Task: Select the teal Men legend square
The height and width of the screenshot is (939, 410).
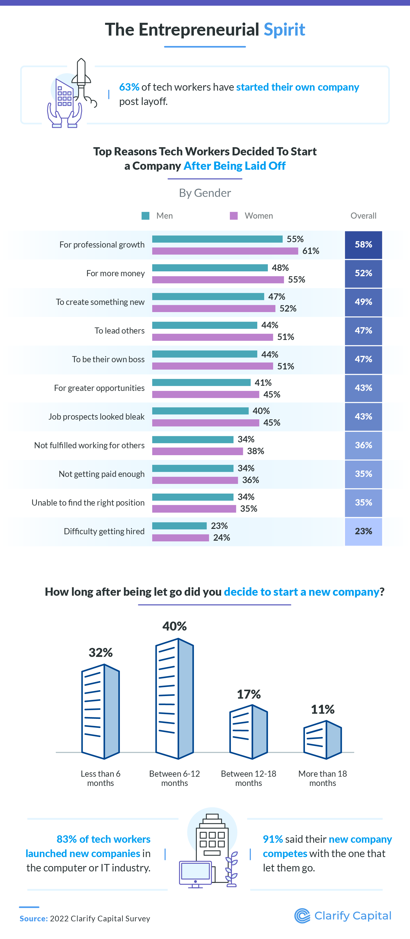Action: point(146,216)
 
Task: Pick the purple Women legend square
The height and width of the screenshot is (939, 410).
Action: point(234,216)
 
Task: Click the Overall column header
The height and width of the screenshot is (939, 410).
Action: point(363,216)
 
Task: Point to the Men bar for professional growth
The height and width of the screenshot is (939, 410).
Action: point(217,239)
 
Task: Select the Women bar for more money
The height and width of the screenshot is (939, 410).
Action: point(218,280)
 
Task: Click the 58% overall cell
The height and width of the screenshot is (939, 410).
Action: point(363,244)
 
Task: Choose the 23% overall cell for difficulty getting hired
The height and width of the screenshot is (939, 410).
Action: point(363,531)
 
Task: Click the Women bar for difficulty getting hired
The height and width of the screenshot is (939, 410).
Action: point(180,538)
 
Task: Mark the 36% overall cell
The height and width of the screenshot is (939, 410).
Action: point(363,445)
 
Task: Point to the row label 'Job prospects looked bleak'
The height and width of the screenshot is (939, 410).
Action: point(96,417)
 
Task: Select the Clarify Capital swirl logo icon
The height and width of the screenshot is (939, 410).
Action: point(302,916)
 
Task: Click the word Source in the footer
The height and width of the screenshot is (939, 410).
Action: point(34,919)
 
